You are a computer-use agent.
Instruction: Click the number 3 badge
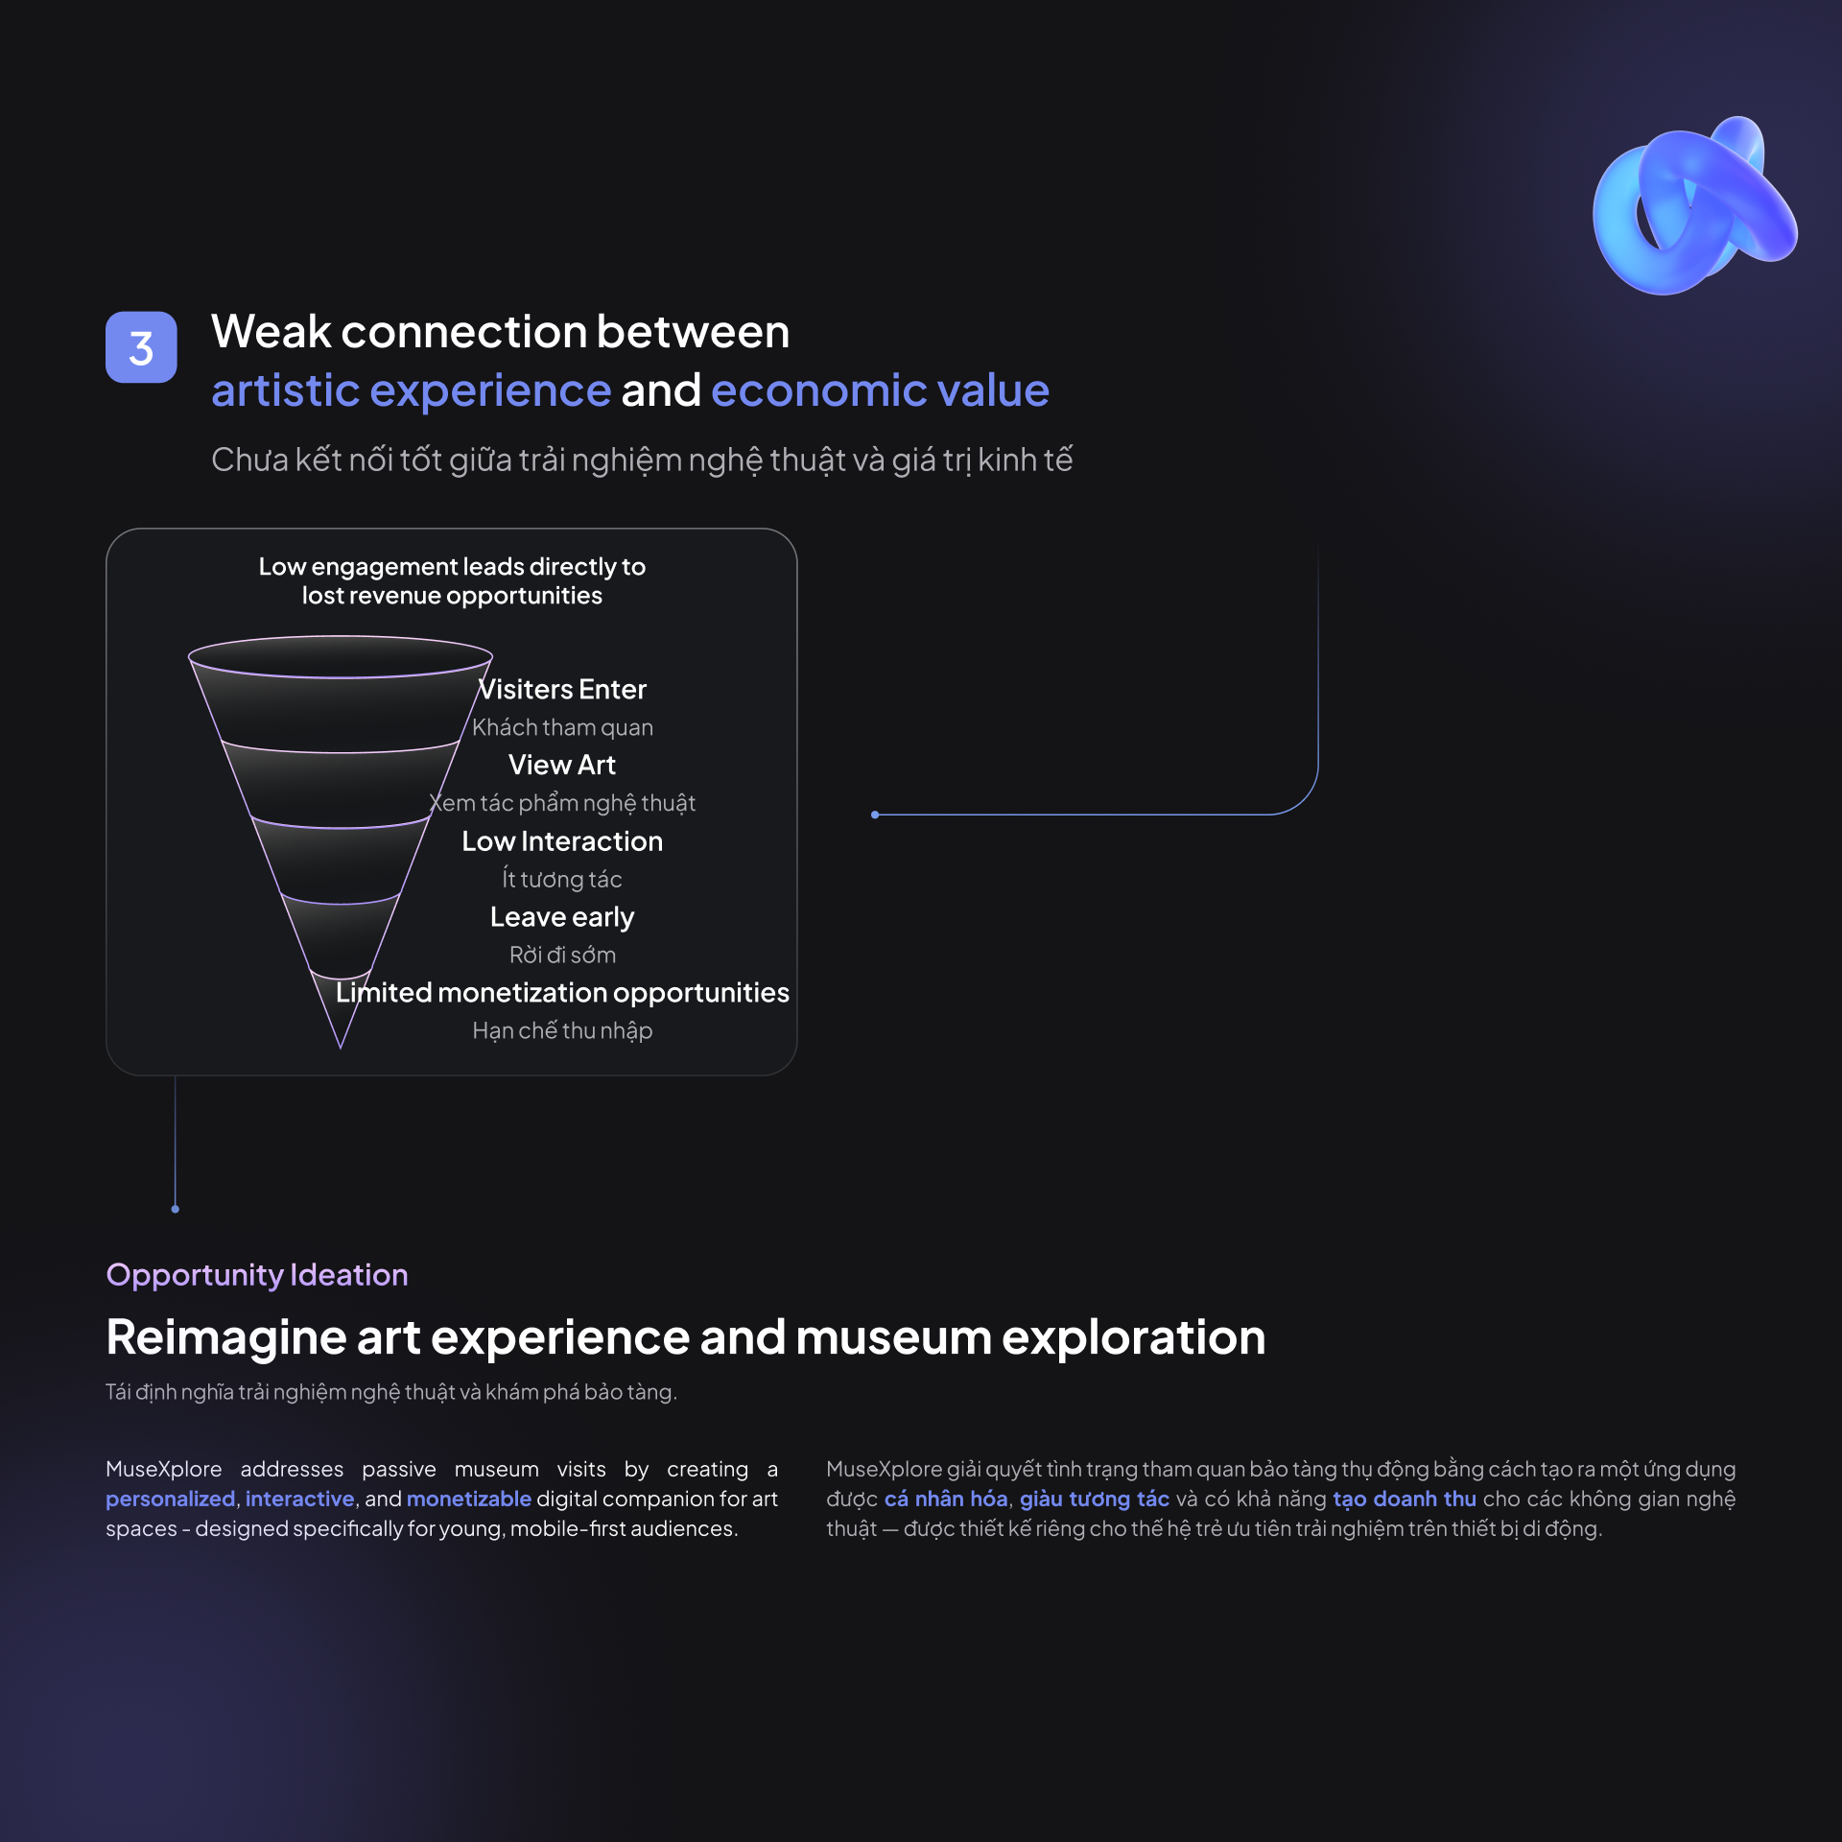(x=141, y=347)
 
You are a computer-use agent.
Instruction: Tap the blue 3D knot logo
(x=1693, y=206)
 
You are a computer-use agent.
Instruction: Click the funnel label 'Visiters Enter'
(x=562, y=689)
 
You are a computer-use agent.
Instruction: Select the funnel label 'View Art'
(x=562, y=765)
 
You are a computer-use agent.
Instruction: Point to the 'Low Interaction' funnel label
(x=562, y=841)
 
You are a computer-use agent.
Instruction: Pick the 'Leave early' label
(x=562, y=917)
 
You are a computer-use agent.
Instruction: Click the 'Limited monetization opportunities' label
(x=562, y=993)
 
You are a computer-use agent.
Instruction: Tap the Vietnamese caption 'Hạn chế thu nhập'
(x=562, y=1030)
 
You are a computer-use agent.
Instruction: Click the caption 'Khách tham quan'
(x=562, y=727)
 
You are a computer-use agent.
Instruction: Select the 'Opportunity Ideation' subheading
(x=257, y=1275)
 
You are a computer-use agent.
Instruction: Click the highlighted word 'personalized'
(x=171, y=1499)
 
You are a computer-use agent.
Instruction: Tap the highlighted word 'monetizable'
(x=469, y=1499)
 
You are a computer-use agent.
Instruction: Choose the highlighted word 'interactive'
(x=300, y=1499)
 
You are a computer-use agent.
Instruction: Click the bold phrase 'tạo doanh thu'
(x=1405, y=1499)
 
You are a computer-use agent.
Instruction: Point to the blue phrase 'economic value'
(x=881, y=390)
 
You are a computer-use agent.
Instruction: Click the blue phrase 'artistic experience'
(x=412, y=390)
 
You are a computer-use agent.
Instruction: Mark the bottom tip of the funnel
(x=341, y=1049)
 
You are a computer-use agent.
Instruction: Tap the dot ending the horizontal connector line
(x=875, y=815)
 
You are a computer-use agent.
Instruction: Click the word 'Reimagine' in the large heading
(x=226, y=1338)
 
